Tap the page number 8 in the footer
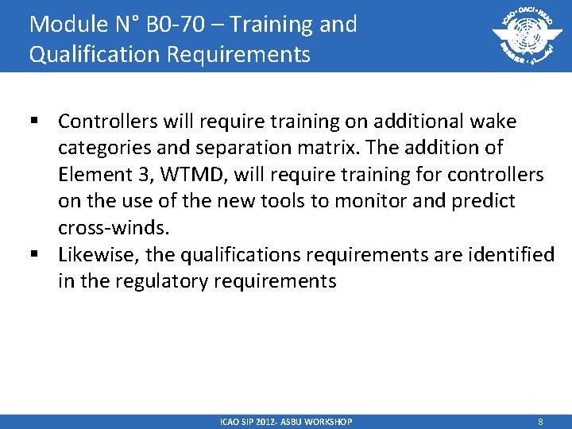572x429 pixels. [540, 421]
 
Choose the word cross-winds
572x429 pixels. [113, 228]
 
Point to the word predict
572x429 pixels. [484, 201]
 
